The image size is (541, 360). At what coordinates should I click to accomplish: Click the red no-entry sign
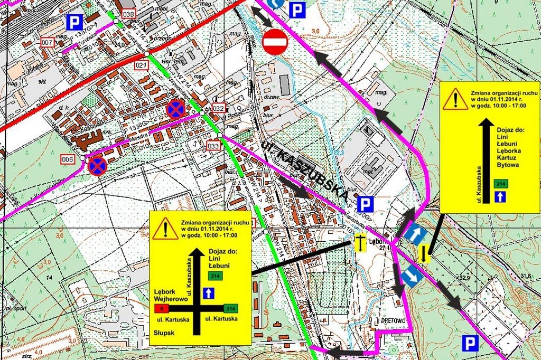tap(274, 41)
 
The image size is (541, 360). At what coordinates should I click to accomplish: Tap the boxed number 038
tap(128, 14)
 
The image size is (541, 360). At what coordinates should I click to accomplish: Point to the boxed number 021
tap(141, 64)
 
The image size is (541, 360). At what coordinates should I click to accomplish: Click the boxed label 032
tap(219, 109)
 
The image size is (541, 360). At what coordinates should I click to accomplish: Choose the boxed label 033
tap(213, 146)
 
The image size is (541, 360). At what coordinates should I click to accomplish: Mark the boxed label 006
tap(67, 158)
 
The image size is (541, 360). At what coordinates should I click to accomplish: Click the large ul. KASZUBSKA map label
tap(305, 170)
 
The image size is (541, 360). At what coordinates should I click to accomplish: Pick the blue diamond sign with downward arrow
tap(412, 276)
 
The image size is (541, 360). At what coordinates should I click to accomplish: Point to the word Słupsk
tap(164, 333)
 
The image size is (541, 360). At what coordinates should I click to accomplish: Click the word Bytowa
tap(508, 165)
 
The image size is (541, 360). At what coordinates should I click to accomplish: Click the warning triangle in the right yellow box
tap(455, 99)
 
